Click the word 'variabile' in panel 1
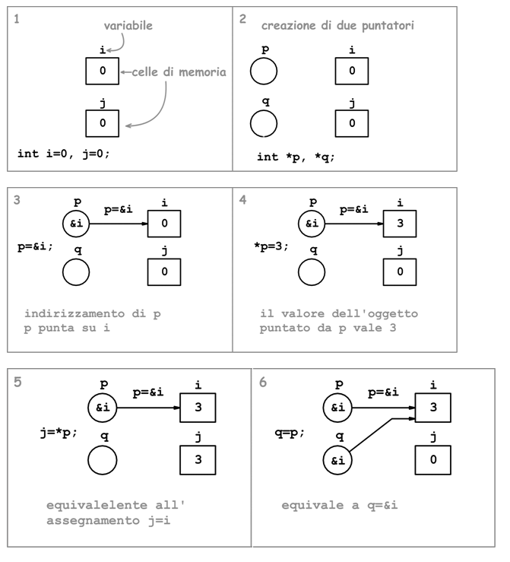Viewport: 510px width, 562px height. pos(128,26)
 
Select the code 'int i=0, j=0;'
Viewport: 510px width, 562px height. pos(64,154)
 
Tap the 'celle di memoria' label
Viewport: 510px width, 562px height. pos(179,72)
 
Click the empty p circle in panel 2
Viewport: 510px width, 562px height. pos(263,72)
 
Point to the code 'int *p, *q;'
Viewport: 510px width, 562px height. pos(296,157)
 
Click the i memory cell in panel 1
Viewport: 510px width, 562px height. pos(103,72)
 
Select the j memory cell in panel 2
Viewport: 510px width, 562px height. pos(351,122)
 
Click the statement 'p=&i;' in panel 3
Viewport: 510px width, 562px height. pos(36,247)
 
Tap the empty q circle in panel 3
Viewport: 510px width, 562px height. pos(76,271)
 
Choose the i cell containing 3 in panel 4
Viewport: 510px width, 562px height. pos(401,224)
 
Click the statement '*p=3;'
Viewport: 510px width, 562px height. pos(272,247)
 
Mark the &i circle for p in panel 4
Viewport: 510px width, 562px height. pos(312,224)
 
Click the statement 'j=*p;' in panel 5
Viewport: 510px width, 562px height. pos(59,433)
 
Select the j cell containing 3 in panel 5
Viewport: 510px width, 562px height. pos(198,459)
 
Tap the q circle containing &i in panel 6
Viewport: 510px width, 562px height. pos(337,459)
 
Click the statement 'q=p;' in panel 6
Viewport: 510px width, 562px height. pos(290,433)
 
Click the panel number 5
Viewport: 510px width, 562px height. pos(18,382)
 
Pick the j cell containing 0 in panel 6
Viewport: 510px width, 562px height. pos(432,459)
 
